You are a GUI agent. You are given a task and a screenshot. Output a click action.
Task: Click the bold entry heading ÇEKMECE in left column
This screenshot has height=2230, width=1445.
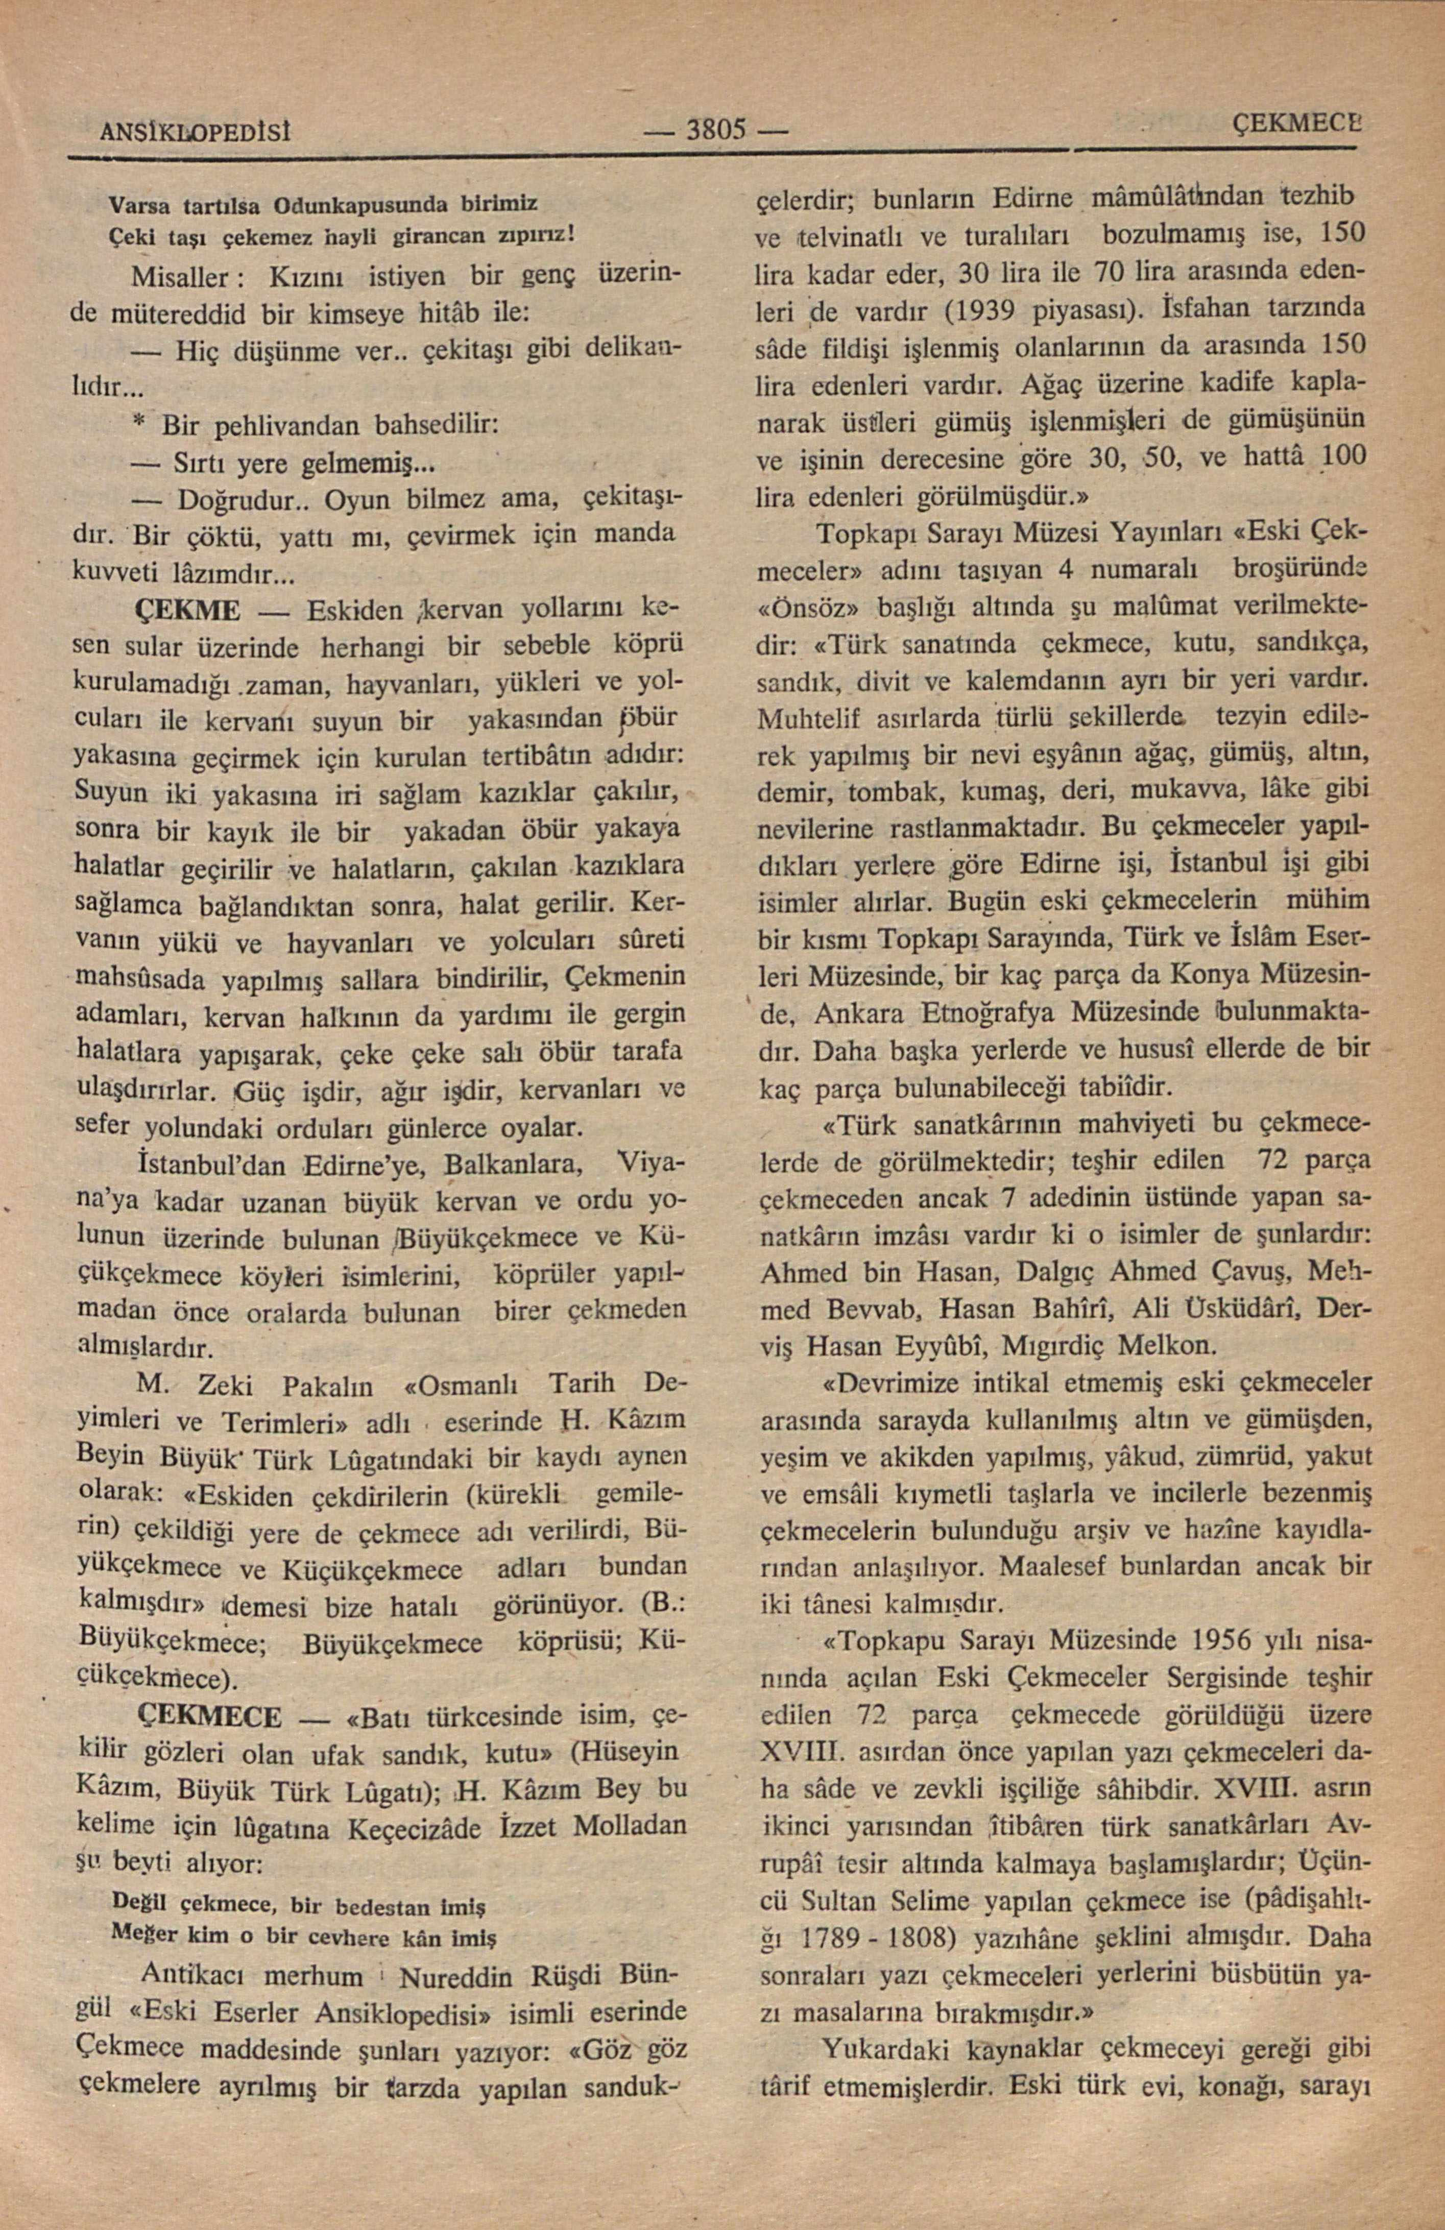210,1716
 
